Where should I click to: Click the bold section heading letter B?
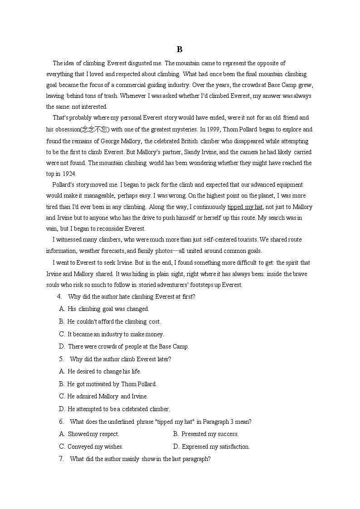click(x=180, y=49)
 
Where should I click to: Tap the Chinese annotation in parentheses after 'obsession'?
click(x=95, y=130)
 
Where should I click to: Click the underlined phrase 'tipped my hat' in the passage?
click(x=245, y=207)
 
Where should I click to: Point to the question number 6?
click(x=61, y=422)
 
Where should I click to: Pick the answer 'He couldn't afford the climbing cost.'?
click(x=114, y=322)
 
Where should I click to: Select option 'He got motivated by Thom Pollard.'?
click(x=112, y=384)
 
